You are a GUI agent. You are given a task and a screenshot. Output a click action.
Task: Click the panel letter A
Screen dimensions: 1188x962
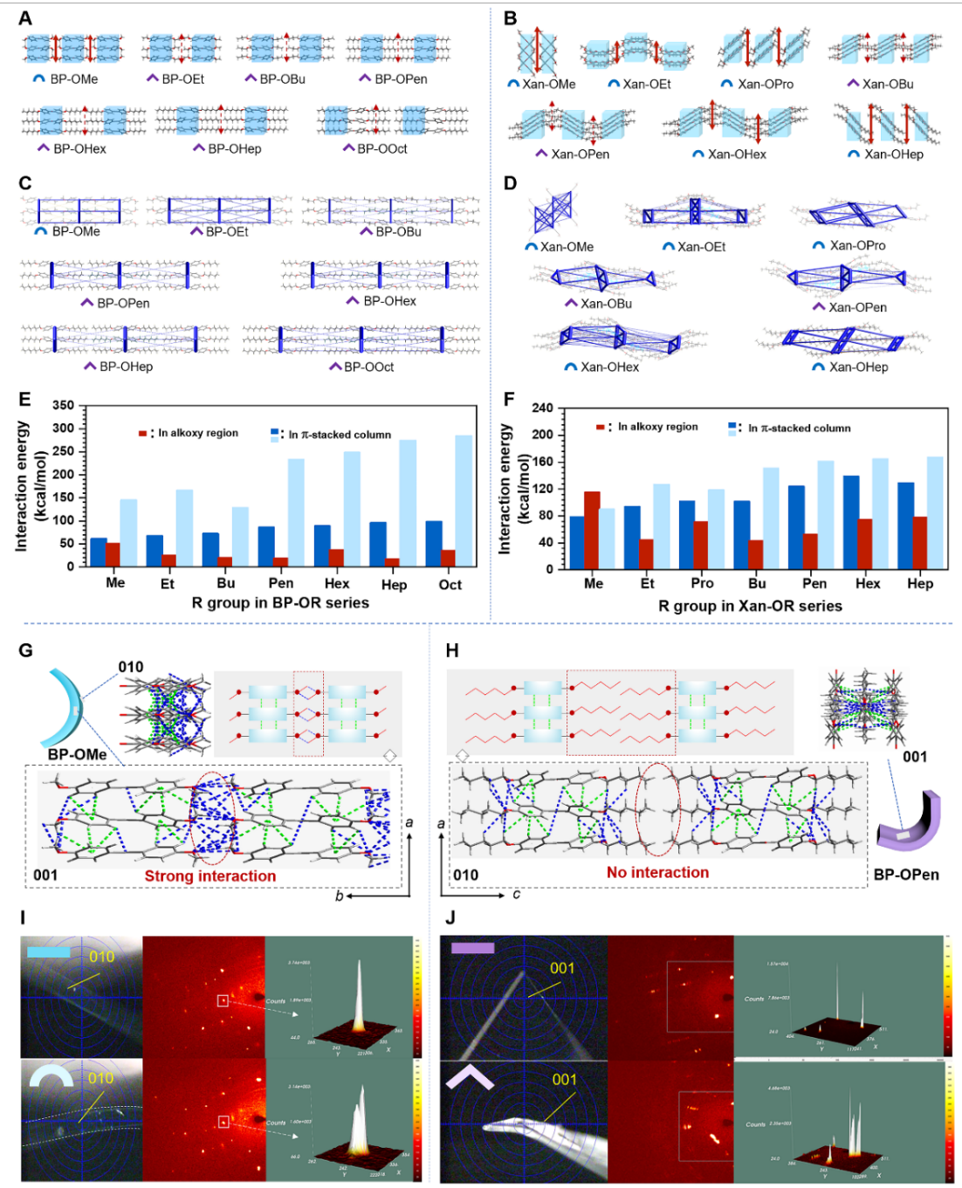[x=25, y=18]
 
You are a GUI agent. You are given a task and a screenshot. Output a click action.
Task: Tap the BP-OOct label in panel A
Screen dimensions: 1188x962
[x=381, y=148]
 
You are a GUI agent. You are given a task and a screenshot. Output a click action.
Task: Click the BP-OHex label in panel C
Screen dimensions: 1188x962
[x=389, y=301]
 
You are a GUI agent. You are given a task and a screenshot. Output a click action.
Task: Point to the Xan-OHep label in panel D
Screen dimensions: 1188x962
[x=858, y=367]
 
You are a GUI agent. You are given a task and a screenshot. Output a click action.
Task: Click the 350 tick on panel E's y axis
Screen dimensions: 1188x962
[x=63, y=406]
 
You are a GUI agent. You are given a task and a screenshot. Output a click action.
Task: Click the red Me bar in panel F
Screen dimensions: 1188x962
[x=592, y=530]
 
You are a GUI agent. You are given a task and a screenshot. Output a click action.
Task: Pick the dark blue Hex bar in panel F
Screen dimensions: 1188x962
[x=851, y=522]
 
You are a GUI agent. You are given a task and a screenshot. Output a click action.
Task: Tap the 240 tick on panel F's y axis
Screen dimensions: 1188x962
[x=542, y=408]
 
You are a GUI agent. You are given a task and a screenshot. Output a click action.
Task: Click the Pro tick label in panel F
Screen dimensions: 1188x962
[x=702, y=583]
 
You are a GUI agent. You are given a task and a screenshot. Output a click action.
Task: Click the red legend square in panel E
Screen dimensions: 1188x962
[x=142, y=434]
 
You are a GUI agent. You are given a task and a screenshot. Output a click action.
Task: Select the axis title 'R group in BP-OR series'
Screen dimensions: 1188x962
[x=280, y=602]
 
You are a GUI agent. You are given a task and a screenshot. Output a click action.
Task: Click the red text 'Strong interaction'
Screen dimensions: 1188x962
[x=210, y=876]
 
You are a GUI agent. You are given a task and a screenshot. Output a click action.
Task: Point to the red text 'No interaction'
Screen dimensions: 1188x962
[x=657, y=872]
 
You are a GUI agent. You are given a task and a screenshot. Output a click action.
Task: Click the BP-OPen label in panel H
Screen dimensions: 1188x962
[x=906, y=874]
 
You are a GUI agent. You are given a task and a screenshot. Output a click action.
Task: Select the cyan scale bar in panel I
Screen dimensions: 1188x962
[x=48, y=951]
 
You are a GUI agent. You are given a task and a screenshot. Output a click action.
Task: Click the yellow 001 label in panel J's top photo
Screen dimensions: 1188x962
[x=562, y=968]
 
